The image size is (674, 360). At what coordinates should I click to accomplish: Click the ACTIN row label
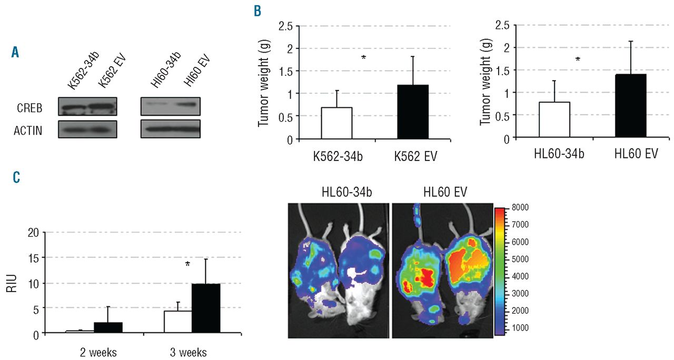pyautogui.click(x=28, y=129)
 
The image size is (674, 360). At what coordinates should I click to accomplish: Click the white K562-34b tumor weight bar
pyautogui.click(x=336, y=123)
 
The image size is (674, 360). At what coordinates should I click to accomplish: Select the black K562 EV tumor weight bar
pyautogui.click(x=412, y=112)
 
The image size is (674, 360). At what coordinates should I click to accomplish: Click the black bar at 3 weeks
pyautogui.click(x=206, y=308)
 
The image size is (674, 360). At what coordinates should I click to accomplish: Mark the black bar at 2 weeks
pyautogui.click(x=108, y=327)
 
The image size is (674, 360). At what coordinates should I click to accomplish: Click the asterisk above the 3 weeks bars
pyautogui.click(x=187, y=264)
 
